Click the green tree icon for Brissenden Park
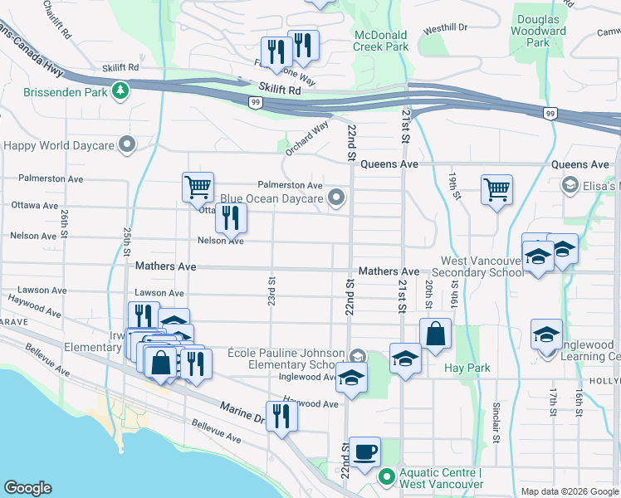tap(121, 91)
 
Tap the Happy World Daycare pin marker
tap(127, 145)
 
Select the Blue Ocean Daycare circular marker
tap(336, 198)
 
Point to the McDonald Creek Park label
tap(381, 41)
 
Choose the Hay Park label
tap(467, 368)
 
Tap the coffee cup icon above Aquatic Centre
tap(364, 452)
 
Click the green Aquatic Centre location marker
tap(386, 477)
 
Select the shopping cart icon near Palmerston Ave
tap(198, 187)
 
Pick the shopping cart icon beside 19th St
tap(496, 189)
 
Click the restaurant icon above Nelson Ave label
tap(231, 217)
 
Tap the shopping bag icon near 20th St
tap(435, 334)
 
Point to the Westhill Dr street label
tap(445, 28)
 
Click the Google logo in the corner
tap(27, 488)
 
